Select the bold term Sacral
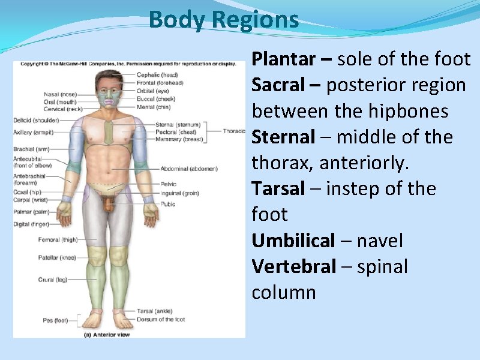tap(278, 85)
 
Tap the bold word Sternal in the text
tap(283, 137)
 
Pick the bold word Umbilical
tap(293, 241)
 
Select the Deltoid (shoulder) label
tap(36, 120)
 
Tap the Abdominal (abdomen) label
tap(189, 169)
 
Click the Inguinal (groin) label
tap(179, 193)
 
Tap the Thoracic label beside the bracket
tap(234, 131)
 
